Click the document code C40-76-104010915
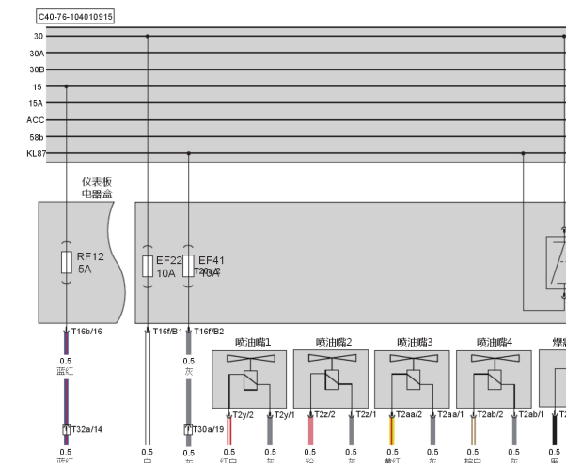pos(74,16)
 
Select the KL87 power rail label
pos(36,153)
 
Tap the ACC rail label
pos(36,119)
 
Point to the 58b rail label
pos(36,136)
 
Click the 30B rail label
pos(36,69)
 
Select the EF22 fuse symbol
pos(148,266)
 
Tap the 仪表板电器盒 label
pos(97,185)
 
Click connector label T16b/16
pos(86,331)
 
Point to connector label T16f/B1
pos(168,331)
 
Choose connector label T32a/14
pos(86,428)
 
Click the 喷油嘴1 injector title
pos(252,343)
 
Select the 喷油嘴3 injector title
pos(414,343)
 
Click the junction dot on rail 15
pos(66,85)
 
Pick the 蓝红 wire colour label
pos(65,371)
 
